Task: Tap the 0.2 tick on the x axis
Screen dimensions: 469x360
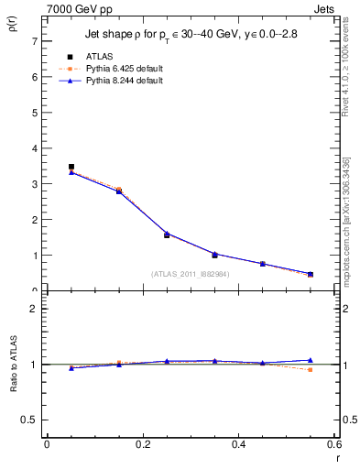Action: pos(142,444)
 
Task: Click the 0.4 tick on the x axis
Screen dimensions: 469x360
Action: pos(238,444)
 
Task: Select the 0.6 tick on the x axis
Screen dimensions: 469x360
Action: pos(333,444)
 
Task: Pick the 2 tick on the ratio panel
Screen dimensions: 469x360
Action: pos(33,309)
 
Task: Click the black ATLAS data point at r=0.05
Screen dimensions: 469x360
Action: pos(71,167)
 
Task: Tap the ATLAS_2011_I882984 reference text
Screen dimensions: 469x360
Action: pos(190,274)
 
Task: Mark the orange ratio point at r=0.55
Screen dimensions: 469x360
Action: pos(311,369)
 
